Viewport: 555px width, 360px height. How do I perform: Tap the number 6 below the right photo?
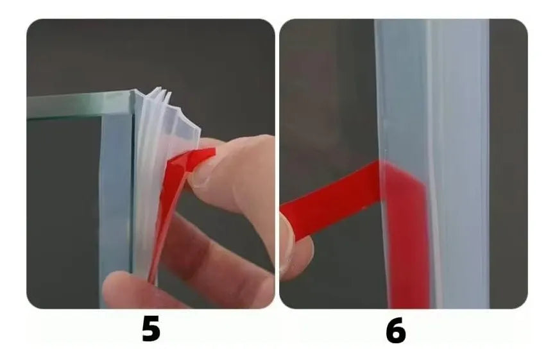tap(396, 330)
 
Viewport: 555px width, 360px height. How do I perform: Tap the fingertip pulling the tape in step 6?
tap(296, 244)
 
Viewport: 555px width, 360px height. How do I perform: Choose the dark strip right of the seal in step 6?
tap(508, 164)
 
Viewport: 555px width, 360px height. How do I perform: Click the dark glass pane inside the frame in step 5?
tap(63, 212)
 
